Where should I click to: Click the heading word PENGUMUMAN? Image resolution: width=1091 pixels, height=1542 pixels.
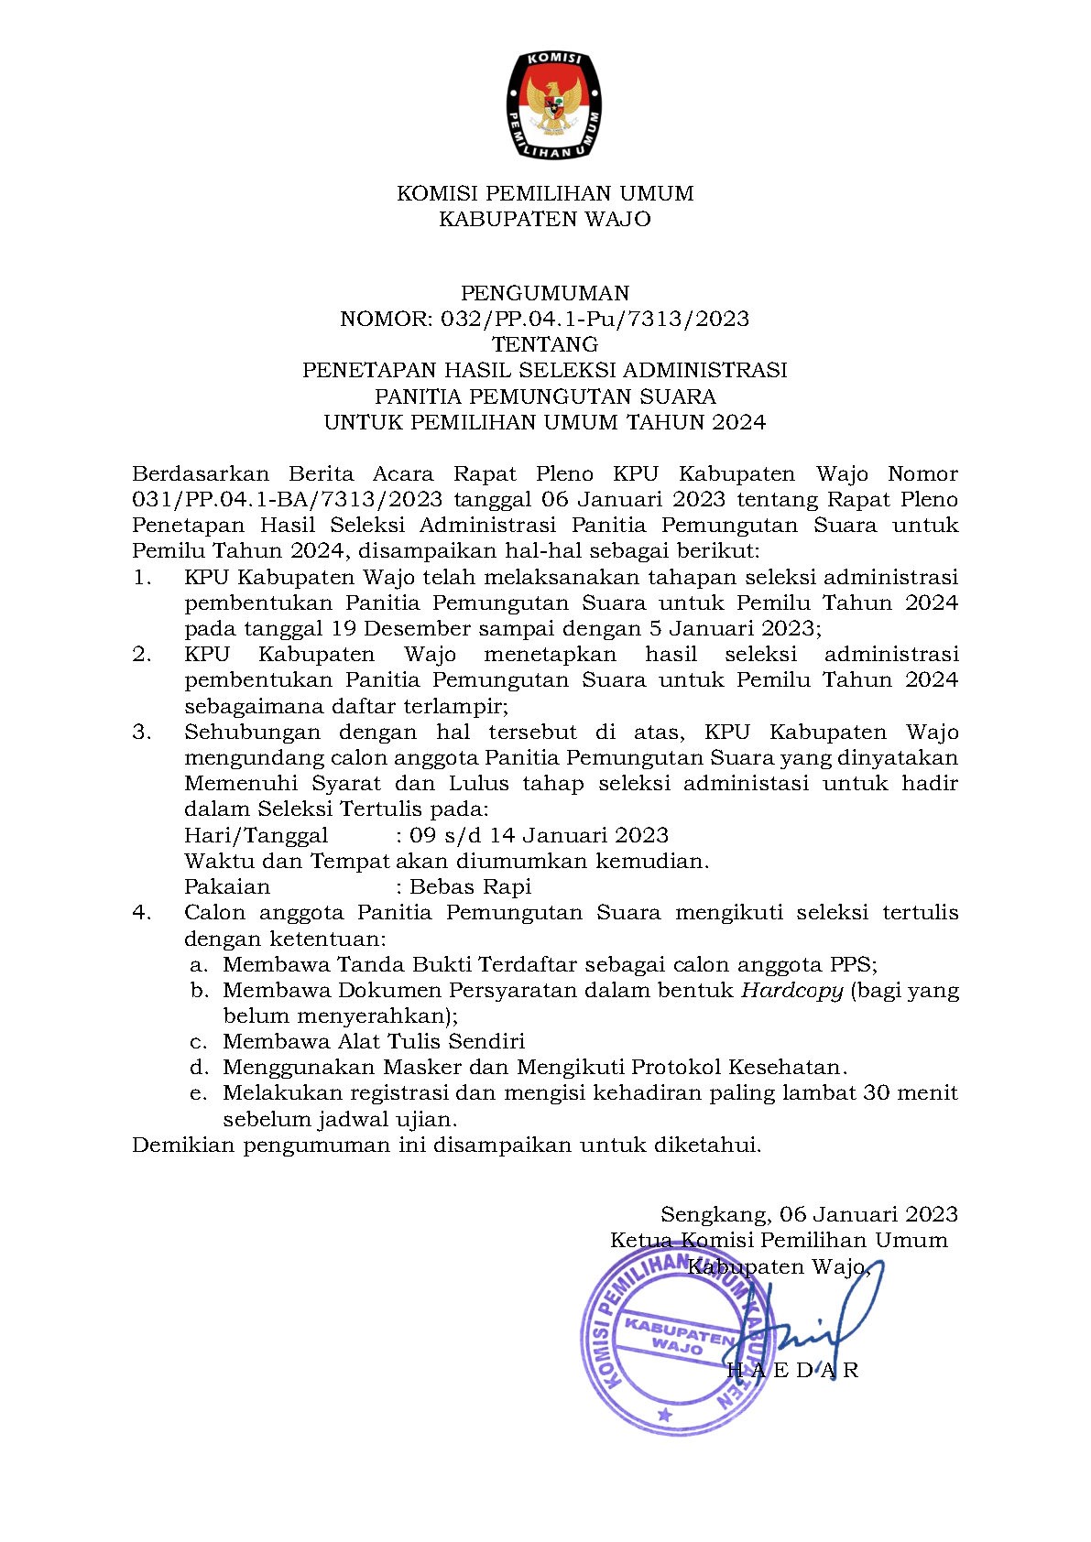(545, 293)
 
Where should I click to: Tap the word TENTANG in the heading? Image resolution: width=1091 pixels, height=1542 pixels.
(545, 344)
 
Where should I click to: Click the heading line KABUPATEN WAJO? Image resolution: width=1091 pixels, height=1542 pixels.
(545, 219)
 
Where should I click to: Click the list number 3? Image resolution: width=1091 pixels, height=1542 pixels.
(141, 733)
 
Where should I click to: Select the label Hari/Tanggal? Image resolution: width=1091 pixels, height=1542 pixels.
(256, 835)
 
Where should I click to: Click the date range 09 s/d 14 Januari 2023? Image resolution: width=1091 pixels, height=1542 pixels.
(539, 835)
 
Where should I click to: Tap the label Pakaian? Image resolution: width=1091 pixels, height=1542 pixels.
(227, 886)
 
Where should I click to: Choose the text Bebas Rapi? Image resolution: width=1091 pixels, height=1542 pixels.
(470, 886)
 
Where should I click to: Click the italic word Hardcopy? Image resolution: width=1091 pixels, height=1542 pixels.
(791, 990)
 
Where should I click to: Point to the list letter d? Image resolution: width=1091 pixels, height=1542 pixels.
(199, 1068)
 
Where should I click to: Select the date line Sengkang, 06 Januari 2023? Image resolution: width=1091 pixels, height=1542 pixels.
(809, 1214)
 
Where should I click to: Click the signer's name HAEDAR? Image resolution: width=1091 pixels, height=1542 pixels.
(793, 1371)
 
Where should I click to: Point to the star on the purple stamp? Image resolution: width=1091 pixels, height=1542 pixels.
(665, 1415)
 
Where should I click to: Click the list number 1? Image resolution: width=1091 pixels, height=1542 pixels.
(141, 578)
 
